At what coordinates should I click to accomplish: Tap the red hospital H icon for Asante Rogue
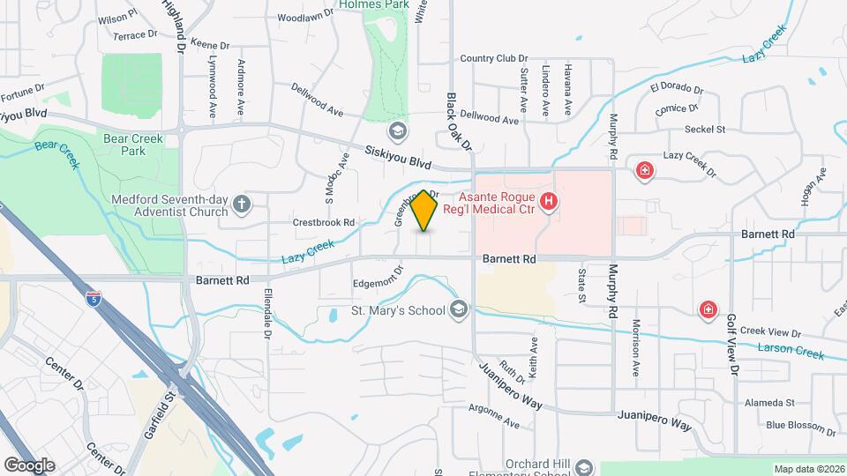[549, 203]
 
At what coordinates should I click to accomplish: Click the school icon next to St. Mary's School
[458, 309]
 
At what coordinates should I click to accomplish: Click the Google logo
[29, 465]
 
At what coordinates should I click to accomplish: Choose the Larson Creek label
[791, 350]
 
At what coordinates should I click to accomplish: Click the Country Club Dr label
[499, 59]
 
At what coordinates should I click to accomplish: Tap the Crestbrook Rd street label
[324, 223]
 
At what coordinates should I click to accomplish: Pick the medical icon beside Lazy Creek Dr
[645, 169]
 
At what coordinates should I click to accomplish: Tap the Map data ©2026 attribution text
[808, 468]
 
